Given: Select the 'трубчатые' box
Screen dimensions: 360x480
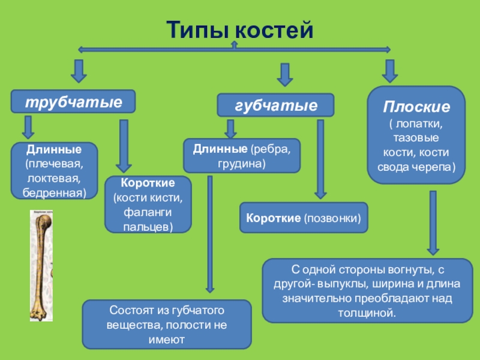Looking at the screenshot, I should (x=73, y=101).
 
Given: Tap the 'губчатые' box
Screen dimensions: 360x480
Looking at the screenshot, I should (x=275, y=105).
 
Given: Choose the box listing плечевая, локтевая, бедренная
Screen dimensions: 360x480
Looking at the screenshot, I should (x=54, y=170).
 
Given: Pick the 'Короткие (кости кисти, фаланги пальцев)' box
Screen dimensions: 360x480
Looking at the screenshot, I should (x=148, y=204).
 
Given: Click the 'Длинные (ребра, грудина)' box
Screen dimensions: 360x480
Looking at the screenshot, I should (x=242, y=155).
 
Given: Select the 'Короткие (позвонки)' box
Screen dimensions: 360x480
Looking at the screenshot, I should (x=304, y=218).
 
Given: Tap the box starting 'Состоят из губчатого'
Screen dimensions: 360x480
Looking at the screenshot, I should (x=167, y=325).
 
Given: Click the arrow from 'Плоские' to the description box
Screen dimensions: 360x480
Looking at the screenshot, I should (x=432, y=222).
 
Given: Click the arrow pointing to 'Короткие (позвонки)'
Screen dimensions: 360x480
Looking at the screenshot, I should (x=321, y=159).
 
